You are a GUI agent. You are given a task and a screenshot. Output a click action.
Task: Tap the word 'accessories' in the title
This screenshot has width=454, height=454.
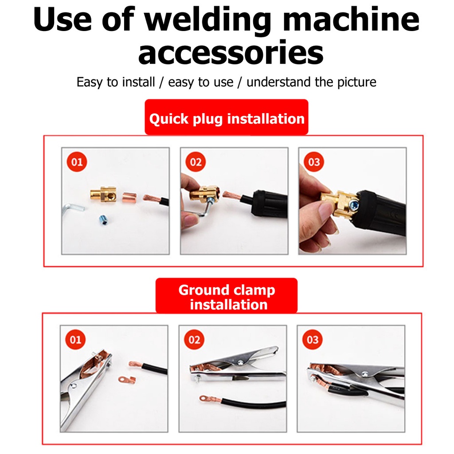[231, 53]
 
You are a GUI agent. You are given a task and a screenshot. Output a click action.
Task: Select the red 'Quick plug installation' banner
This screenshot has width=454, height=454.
[227, 117]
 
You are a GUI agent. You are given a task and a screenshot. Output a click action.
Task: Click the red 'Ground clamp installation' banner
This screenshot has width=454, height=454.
[227, 296]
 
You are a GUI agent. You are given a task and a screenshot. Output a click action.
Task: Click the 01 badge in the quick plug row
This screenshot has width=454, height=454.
[77, 161]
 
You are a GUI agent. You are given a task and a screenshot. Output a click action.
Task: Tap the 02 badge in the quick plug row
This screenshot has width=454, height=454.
[196, 161]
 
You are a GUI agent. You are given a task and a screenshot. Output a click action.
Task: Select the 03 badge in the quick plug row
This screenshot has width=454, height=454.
[314, 161]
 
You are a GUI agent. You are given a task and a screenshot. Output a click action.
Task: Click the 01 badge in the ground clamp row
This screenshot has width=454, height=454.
[75, 339]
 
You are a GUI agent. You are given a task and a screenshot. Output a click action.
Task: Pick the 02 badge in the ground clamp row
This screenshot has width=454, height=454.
[194, 339]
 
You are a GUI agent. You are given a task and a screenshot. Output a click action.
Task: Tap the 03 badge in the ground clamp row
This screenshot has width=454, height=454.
[313, 339]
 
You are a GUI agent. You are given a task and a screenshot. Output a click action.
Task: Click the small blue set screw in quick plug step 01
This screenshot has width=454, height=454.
[103, 219]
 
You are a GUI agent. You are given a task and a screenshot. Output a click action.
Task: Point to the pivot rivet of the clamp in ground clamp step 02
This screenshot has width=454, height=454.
[240, 362]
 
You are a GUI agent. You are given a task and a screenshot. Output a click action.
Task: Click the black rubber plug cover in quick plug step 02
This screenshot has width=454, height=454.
[269, 204]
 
